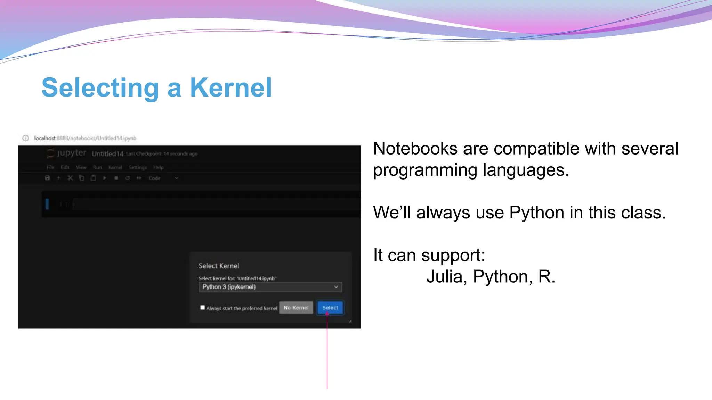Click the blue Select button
pyautogui.click(x=330, y=308)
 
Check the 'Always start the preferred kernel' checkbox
pyautogui.click(x=203, y=307)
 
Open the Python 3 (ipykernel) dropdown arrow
pyautogui.click(x=336, y=287)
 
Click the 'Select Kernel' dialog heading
pyautogui.click(x=219, y=266)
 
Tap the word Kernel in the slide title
pyautogui.click(x=230, y=88)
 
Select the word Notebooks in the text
pyautogui.click(x=415, y=149)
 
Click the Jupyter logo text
pyautogui.click(x=71, y=153)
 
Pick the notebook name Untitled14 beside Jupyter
pyautogui.click(x=107, y=154)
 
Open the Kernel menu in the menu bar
pyautogui.click(x=115, y=167)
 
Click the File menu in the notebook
pyautogui.click(x=50, y=167)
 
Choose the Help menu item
pyautogui.click(x=158, y=167)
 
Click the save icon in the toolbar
pyautogui.click(x=48, y=178)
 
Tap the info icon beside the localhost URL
pyautogui.click(x=25, y=138)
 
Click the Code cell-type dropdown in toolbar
pyautogui.click(x=163, y=178)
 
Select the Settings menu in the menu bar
pyautogui.click(x=138, y=167)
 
